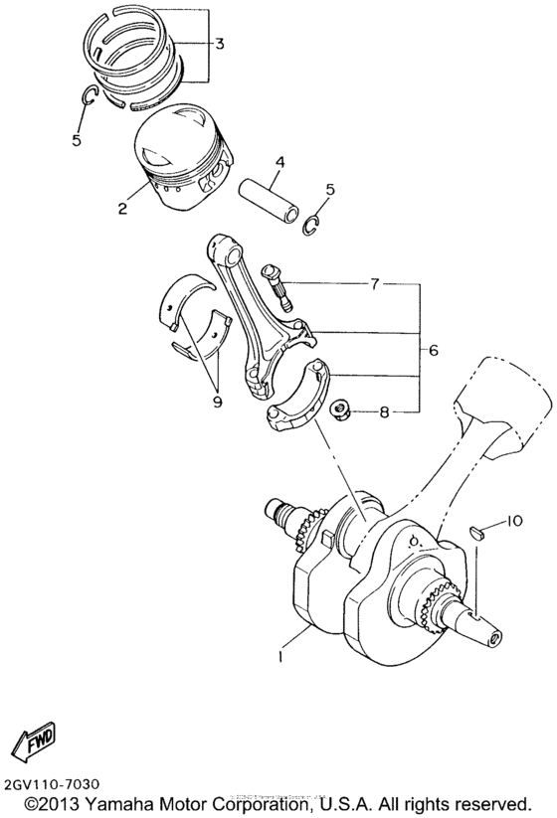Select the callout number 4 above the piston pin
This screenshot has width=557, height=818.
tap(280, 162)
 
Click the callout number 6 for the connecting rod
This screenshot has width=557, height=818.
tap(433, 350)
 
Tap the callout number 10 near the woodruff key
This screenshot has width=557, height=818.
tap(512, 521)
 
